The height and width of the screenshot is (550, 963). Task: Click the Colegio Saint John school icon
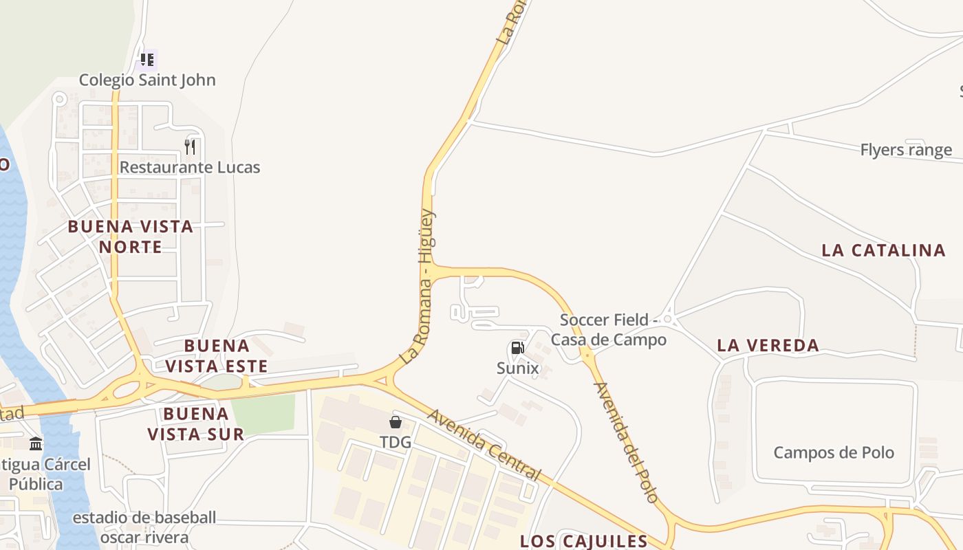147,60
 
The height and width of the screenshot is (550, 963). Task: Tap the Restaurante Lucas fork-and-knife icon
191,146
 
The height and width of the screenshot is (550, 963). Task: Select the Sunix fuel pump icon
517,349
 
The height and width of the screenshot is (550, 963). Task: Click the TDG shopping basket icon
396,422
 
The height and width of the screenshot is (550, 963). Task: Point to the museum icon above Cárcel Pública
36,444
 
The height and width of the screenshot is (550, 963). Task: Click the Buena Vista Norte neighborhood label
131,236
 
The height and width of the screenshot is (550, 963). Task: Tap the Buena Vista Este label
216,355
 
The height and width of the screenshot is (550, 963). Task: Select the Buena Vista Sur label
196,423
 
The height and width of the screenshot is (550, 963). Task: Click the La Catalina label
883,250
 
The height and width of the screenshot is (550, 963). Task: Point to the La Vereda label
768,345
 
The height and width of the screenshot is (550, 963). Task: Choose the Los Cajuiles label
583,541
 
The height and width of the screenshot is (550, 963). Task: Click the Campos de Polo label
834,452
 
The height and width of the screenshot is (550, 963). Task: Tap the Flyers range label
906,150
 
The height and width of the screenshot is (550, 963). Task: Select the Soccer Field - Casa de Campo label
608,330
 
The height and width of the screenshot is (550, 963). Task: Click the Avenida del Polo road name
626,441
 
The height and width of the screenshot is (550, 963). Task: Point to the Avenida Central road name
484,445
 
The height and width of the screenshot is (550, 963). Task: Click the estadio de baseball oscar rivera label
144,527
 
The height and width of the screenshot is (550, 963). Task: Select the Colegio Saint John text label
147,80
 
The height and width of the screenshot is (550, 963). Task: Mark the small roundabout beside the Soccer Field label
667,319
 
